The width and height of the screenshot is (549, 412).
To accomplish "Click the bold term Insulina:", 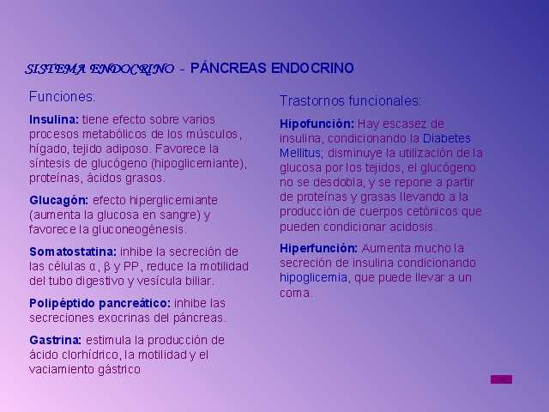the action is [54, 119].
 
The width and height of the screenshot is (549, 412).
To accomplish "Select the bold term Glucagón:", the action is [59, 201].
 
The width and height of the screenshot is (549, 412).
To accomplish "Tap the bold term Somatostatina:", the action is [73, 251].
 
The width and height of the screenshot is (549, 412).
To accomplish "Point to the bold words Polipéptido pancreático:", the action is [100, 303].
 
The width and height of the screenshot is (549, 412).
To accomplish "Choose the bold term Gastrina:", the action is [55, 340].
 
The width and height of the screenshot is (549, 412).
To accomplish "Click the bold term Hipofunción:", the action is [317, 124].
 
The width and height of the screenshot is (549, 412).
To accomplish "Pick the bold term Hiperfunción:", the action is [318, 248].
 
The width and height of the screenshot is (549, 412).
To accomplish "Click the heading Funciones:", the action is [62, 96].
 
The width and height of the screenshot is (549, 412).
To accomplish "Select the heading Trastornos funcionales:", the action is [349, 101].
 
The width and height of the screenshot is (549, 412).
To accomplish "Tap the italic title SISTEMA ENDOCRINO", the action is [100, 69].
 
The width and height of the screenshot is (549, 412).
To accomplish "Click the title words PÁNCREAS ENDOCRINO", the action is [272, 68].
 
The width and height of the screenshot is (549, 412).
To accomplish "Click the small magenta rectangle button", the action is [501, 379].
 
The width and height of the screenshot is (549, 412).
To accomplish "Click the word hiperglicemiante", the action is [173, 201].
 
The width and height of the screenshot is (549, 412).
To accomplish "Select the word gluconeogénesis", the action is [139, 230].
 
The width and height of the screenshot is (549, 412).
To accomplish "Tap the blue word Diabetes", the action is [446, 138].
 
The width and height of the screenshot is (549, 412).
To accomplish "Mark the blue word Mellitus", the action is [301, 153].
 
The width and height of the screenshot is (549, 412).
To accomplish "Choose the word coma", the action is [295, 293].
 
